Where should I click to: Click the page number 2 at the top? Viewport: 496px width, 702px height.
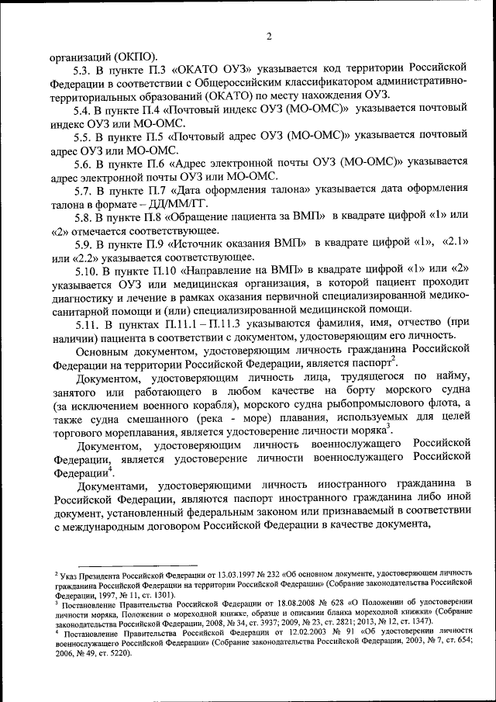coord(269,36)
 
